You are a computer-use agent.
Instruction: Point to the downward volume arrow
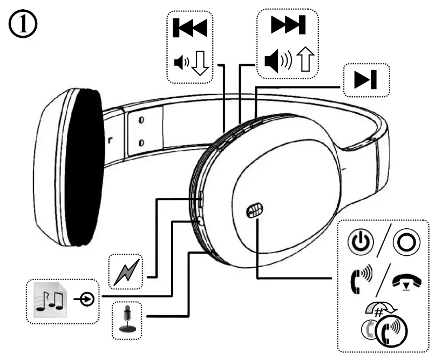[x=201, y=64]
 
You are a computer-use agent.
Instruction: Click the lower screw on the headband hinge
[x=141, y=141]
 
